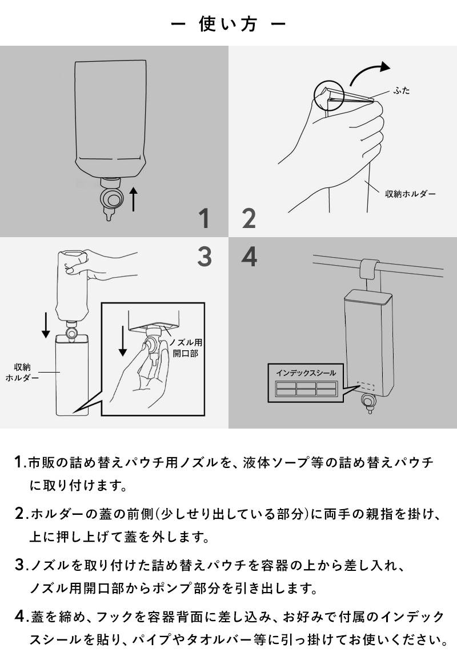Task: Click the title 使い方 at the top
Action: click(x=228, y=24)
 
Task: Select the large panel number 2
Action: click(x=249, y=218)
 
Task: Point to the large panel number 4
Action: click(x=249, y=257)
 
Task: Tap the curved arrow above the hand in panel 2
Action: click(x=370, y=73)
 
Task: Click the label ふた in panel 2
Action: click(x=402, y=90)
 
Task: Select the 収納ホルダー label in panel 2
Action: click(x=410, y=194)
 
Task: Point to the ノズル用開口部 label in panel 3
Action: click(x=186, y=347)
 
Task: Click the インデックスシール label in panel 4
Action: click(x=306, y=373)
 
